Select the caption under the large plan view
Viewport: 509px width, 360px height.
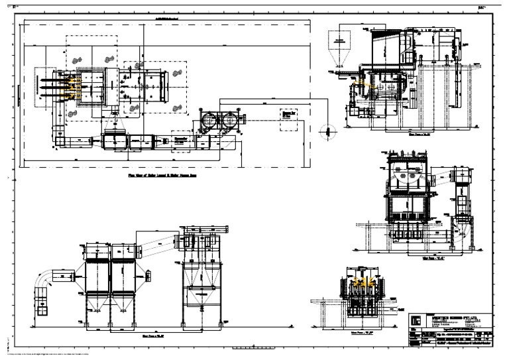coord(164,176)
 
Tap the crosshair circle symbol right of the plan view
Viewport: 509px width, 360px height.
coord(325,131)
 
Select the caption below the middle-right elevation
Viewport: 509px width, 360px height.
coord(433,251)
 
